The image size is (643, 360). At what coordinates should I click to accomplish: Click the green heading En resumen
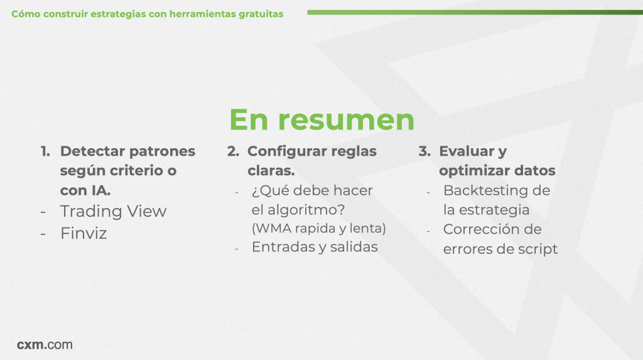pos(322,119)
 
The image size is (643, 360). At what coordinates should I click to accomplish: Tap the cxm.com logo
pos(45,344)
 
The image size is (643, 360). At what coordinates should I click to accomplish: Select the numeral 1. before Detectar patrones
pos(45,151)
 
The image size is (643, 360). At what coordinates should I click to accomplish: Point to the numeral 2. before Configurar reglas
pos(233,151)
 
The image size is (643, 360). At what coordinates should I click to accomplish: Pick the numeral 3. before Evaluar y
pos(424,151)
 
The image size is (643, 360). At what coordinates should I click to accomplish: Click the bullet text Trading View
pos(113,211)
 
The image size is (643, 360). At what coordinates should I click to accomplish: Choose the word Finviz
pos(84,233)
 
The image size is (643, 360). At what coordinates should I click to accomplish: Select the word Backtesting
pos(485,190)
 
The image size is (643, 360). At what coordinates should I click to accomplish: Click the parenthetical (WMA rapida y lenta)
pos(318,228)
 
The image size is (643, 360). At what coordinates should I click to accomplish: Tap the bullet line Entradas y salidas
pos(315,247)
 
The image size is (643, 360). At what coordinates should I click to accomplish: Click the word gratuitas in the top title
pos(261,14)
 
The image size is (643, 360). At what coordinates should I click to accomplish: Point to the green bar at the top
pos(475,13)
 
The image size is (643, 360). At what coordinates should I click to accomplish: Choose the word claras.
pos(271,171)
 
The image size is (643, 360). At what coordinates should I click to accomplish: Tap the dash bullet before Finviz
pos(43,234)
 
